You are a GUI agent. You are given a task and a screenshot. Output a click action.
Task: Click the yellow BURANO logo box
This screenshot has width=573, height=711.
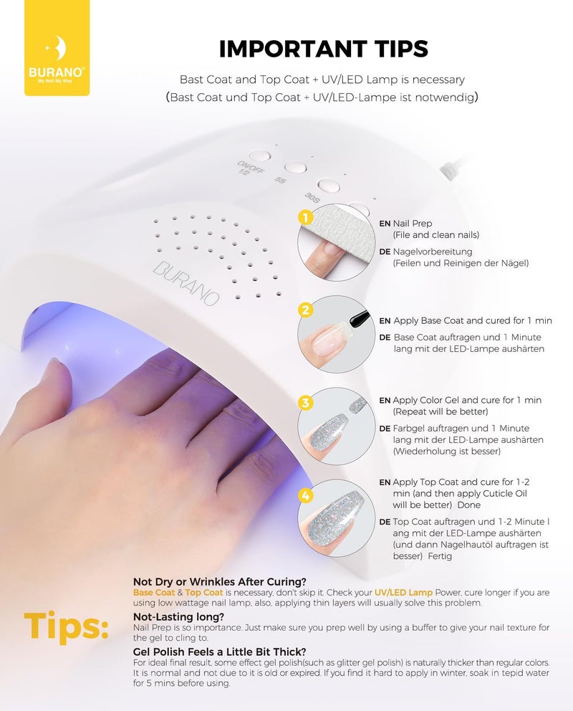point(57,47)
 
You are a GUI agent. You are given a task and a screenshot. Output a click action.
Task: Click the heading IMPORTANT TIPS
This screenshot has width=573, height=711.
point(324,49)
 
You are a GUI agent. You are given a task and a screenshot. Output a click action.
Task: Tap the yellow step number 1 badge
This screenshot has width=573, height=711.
point(306,218)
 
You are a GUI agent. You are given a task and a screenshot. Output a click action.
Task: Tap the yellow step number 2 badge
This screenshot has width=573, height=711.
point(306,310)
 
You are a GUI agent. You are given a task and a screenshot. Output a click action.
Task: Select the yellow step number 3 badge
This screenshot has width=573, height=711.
point(306,402)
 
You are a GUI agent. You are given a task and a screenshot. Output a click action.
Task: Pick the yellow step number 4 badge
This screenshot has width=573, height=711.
point(306,495)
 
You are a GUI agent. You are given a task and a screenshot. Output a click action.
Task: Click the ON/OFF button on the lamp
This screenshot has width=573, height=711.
point(259,156)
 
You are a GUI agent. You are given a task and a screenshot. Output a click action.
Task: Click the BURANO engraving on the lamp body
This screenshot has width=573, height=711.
point(186,283)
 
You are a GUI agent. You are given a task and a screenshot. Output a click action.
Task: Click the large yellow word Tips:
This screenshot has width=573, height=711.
point(67,626)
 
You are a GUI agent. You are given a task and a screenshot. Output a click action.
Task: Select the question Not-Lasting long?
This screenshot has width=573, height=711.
point(178,616)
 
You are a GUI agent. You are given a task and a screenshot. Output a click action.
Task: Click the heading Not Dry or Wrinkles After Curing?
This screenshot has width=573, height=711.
point(220,582)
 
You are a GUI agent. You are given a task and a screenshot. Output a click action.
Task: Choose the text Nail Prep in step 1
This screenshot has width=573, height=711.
point(412,224)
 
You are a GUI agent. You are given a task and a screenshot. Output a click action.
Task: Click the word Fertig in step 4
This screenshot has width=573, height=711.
point(440,556)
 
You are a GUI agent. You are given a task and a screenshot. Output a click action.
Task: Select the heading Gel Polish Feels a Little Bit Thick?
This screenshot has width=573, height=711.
point(220,652)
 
